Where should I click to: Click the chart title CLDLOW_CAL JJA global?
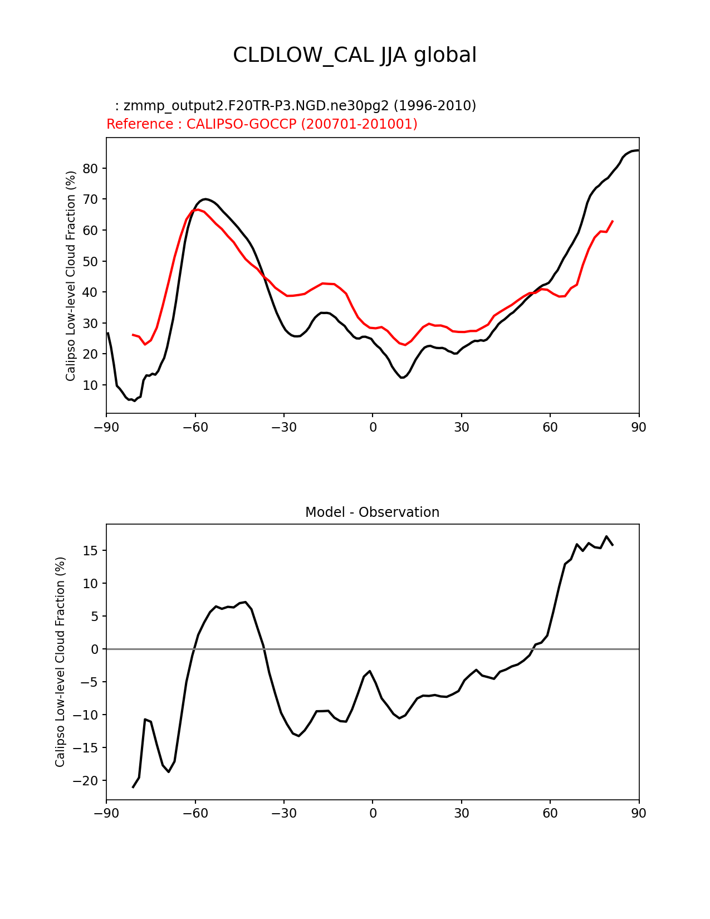click(x=355, y=55)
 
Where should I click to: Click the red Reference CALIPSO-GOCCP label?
click(x=262, y=124)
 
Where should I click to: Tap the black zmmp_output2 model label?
click(x=295, y=106)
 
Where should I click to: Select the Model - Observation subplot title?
click(x=372, y=512)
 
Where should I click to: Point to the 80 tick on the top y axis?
click(x=91, y=168)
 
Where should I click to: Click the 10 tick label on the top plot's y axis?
click(x=91, y=385)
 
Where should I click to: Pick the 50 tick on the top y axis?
click(x=91, y=261)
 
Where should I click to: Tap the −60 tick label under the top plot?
click(x=195, y=427)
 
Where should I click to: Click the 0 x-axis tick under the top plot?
click(x=373, y=427)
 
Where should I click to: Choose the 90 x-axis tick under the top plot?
click(x=639, y=427)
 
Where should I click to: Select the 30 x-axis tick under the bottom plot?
click(x=461, y=813)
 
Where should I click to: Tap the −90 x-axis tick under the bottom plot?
click(x=106, y=813)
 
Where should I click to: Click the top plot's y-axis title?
click(x=71, y=276)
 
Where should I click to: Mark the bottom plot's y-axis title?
click(x=60, y=662)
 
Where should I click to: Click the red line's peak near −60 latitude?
click(x=197, y=209)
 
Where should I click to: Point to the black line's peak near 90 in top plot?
click(x=638, y=150)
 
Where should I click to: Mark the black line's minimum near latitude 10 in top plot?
click(x=402, y=378)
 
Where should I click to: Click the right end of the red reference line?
click(x=613, y=221)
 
